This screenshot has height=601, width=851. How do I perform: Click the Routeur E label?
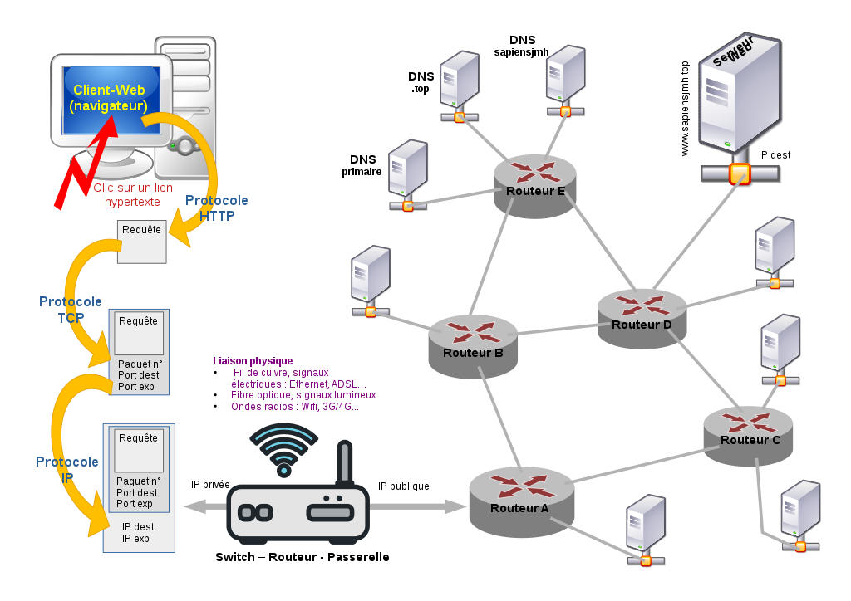click(x=535, y=192)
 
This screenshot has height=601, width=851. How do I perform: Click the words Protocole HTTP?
click(x=216, y=208)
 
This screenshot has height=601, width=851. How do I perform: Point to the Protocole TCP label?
click(x=71, y=309)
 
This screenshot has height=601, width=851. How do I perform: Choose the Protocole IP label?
click(x=67, y=469)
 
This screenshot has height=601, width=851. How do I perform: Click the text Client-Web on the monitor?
click(x=109, y=90)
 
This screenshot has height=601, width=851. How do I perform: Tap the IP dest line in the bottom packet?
click(x=138, y=526)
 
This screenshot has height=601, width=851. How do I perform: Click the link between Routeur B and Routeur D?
click(x=558, y=330)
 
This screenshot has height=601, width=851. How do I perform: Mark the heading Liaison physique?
click(x=253, y=361)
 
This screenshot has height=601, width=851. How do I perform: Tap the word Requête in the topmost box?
click(x=141, y=229)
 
